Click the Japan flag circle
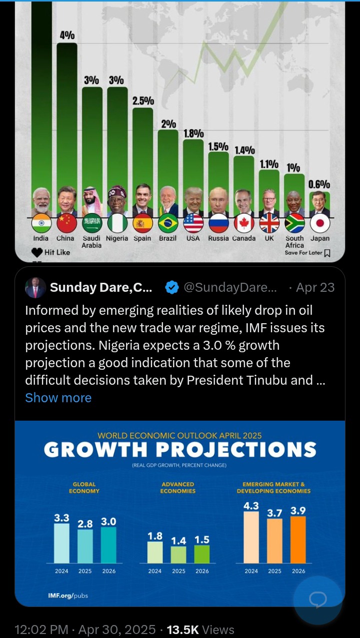[319, 223]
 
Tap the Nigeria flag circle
[117, 223]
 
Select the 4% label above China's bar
[67, 35]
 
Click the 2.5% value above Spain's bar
[143, 100]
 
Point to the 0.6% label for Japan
[319, 185]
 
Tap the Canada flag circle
[244, 223]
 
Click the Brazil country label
[168, 238]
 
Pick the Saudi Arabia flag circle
[92, 223]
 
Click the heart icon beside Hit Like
[37, 252]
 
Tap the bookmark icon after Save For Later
[327, 253]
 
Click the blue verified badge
[172, 287]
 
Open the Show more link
[58, 398]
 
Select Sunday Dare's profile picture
[35, 288]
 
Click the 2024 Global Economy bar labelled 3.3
[61, 543]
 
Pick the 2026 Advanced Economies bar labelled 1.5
[202, 554]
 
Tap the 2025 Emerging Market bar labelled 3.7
[274, 541]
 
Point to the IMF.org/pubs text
[68, 596]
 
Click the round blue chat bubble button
[317, 600]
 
